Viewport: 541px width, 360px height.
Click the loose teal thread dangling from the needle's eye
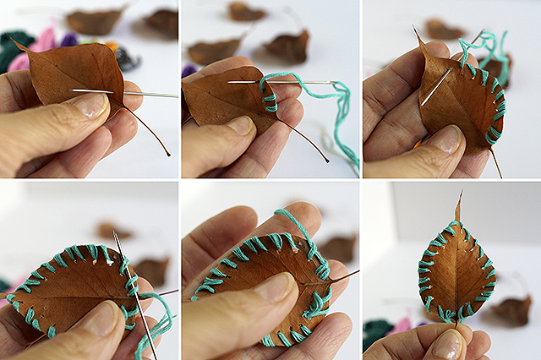[342, 118]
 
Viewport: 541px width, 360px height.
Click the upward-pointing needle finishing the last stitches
[127, 279]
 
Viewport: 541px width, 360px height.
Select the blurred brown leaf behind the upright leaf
[512, 309]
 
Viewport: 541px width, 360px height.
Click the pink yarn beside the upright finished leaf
[402, 325]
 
